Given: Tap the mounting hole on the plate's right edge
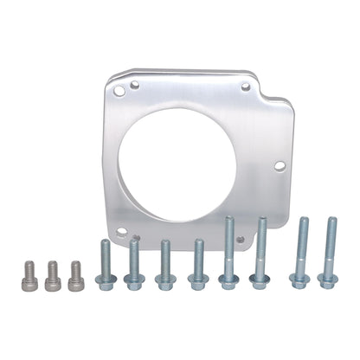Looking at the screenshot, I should point(280,165).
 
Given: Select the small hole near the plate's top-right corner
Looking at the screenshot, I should point(246,87).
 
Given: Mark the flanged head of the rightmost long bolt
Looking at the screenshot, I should point(328,279).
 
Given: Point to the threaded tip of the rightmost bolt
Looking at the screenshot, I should point(331,222).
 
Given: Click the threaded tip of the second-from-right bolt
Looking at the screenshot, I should point(302,222).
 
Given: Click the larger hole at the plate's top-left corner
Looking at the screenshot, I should point(134,85).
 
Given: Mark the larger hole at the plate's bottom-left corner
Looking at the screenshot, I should point(122,232).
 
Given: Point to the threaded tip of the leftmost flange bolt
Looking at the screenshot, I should point(104,244).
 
